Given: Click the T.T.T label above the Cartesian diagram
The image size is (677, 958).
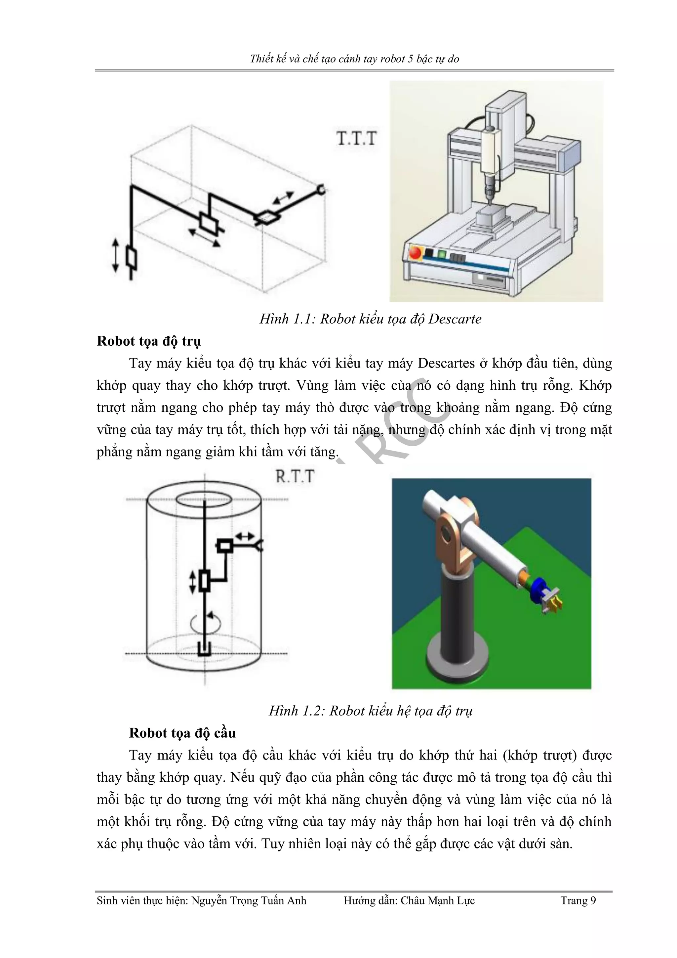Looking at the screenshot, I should (356, 139).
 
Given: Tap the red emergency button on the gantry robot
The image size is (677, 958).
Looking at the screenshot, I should (416, 253).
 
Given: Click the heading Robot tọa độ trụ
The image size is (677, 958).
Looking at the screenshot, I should (149, 341).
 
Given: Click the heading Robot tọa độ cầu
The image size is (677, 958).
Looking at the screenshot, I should (182, 733).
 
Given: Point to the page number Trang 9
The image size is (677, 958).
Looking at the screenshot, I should (578, 901).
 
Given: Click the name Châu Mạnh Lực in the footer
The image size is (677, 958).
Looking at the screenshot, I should (437, 901).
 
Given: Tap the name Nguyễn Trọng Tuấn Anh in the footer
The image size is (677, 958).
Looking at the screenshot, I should (249, 901).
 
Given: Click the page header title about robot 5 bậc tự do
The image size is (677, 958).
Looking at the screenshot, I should (354, 59).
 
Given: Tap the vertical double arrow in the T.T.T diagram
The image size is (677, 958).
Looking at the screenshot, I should (115, 255).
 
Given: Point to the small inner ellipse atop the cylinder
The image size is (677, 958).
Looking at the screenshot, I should (204, 500).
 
